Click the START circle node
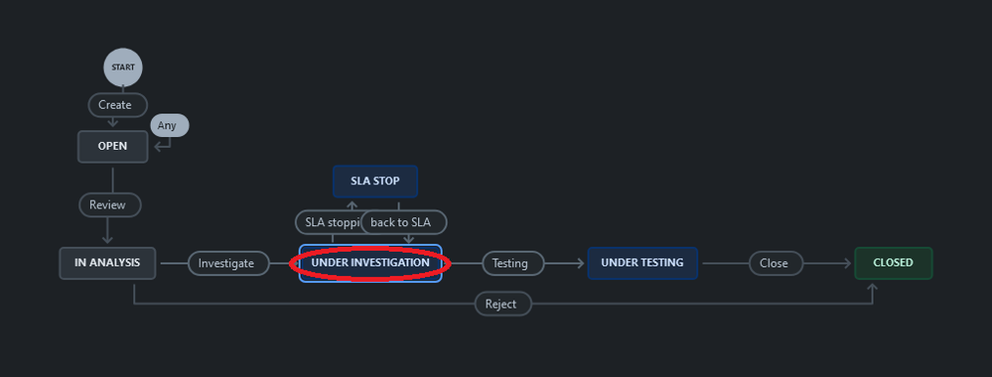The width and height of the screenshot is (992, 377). [123, 67]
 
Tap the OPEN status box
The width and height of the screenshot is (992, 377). [113, 147]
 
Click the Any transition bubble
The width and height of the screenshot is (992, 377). [168, 126]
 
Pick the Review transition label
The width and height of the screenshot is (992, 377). [108, 204]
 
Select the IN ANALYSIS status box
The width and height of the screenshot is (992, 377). [107, 263]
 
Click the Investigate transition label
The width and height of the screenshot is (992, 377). [227, 263]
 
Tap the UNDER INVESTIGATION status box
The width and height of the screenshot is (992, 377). [370, 263]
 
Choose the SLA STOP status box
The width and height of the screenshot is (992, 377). [374, 182]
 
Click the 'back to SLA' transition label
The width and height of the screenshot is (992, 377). [402, 222]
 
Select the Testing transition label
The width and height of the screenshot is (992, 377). [512, 263]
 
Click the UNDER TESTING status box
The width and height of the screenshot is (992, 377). [642, 263]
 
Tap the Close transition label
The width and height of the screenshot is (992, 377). [774, 263]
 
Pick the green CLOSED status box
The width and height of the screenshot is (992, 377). [893, 263]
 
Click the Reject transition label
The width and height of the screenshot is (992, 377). [501, 304]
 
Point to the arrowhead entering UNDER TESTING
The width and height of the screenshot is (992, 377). [580, 263]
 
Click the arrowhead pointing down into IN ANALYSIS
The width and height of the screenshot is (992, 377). [107, 238]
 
